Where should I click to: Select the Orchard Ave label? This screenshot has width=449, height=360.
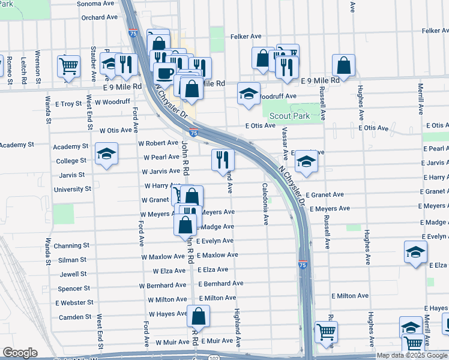[100, 17]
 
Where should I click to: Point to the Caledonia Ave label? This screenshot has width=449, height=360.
[265, 204]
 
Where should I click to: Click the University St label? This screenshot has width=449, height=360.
[72, 189]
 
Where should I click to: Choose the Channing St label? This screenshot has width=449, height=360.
[71, 246]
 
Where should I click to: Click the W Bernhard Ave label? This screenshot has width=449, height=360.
[163, 285]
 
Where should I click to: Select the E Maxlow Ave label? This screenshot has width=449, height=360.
[217, 255]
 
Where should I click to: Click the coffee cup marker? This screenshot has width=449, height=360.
[165, 74]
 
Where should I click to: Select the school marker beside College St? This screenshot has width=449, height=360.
[106, 155]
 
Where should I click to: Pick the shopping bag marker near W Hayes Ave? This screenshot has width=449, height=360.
[198, 316]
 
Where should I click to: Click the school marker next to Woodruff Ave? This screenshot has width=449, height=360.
[249, 94]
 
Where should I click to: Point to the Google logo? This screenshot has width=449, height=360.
[20, 353]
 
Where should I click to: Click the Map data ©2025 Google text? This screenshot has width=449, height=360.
[412, 355]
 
